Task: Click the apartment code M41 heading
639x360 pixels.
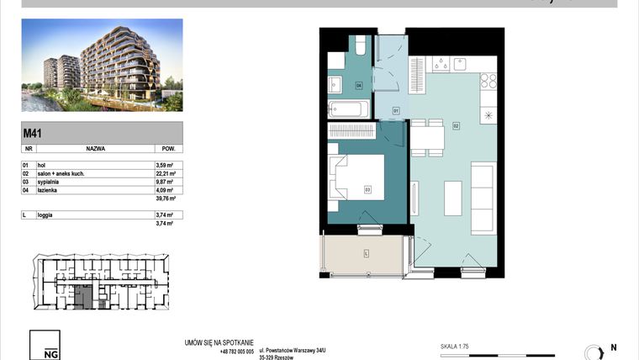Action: click(33, 132)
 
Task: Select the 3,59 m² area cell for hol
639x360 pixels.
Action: click(164, 166)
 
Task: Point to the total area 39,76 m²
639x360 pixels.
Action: click(164, 199)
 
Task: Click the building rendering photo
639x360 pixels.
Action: click(101, 65)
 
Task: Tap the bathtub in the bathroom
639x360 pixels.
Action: click(348, 109)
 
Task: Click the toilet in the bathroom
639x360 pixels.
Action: click(358, 45)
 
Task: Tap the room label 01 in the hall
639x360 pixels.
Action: click(395, 109)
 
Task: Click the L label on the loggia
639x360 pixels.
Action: click(367, 253)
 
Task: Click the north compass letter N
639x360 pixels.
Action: click(614, 347)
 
